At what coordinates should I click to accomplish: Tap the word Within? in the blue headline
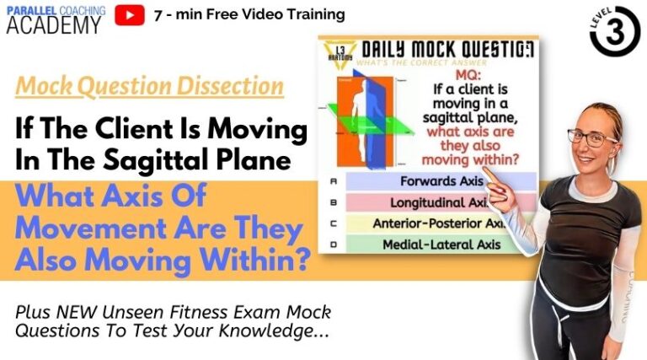pos(256,260)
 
